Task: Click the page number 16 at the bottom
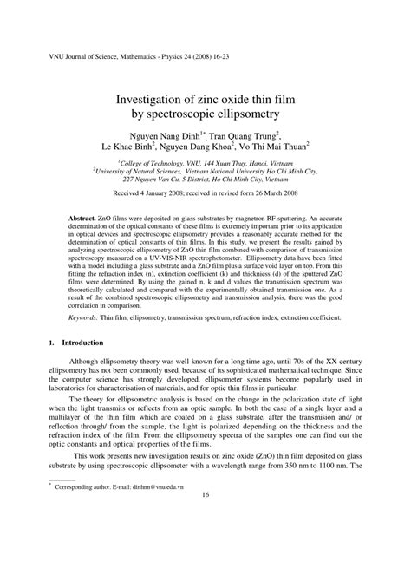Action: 205,544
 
